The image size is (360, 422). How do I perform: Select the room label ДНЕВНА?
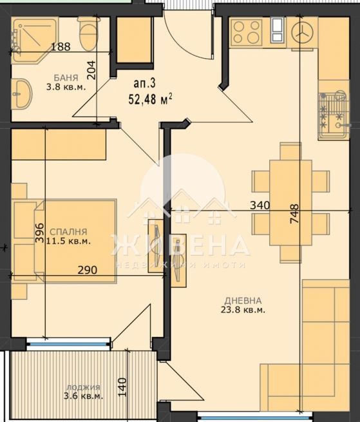[x=243, y=300]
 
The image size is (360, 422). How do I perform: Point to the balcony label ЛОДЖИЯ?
[x=83, y=387]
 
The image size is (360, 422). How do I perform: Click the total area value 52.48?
[x=147, y=99]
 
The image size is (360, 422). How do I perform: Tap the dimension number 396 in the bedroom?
[x=39, y=232]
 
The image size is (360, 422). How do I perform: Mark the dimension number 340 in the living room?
[x=260, y=206]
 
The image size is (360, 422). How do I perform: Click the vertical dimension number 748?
[x=294, y=213]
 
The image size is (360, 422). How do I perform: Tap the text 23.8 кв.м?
[x=243, y=310]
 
